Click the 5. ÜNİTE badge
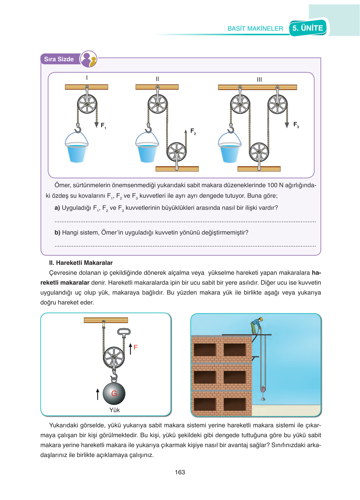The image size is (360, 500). tap(308, 28)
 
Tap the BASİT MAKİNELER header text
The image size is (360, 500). tap(255, 28)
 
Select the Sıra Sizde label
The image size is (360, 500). tap(59, 59)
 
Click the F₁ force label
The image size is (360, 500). tap(103, 125)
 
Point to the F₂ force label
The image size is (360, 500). tap(193, 131)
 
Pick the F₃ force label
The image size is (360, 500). tap(296, 124)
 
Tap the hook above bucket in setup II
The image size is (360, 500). tap(149, 128)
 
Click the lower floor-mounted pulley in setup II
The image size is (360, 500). tap(176, 152)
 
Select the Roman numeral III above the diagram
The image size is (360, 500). tap(259, 80)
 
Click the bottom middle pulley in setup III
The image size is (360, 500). tap(259, 152)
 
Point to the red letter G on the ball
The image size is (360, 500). tap(114, 394)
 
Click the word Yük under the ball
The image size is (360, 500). tap(115, 410)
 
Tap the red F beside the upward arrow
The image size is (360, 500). tap(135, 347)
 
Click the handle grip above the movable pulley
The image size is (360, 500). tap(124, 332)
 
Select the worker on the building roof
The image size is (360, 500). tap(256, 325)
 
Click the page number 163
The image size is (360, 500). tap(180, 472)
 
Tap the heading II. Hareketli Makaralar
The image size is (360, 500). tap(81, 263)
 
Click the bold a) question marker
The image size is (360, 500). tap(57, 208)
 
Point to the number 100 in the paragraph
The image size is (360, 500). tap(272, 185)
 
